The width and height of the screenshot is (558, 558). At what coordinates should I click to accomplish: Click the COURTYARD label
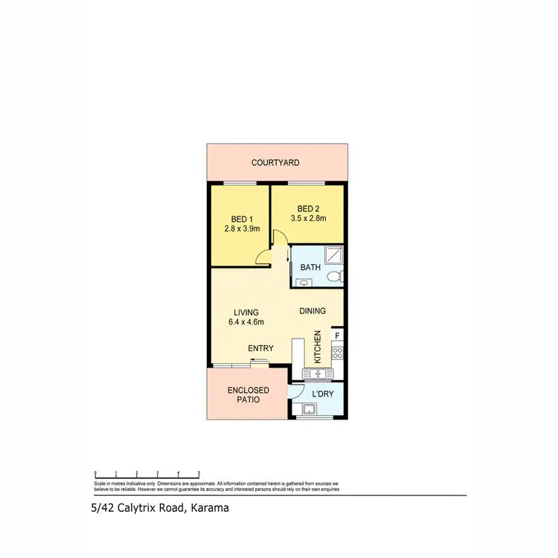pos(275,162)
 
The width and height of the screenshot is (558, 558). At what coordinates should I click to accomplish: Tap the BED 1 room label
pos(239,219)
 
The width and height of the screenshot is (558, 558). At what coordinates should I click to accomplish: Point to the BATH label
pos(310,266)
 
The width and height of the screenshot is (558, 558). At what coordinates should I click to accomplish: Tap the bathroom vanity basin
pos(304,282)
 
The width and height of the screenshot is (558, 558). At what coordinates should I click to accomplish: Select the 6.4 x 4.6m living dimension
pos(246,322)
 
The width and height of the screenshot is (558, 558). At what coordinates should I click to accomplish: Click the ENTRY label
pos(260,348)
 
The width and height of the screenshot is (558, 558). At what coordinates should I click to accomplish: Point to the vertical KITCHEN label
pos(318,347)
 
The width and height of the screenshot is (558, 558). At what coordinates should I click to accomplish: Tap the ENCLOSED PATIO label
pos(248,395)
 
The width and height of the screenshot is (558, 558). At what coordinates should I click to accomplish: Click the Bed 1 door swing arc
pos(261,256)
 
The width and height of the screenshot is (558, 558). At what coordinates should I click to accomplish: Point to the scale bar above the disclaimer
pos(147,473)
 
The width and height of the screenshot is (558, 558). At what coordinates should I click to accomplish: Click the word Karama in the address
pos(209,509)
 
